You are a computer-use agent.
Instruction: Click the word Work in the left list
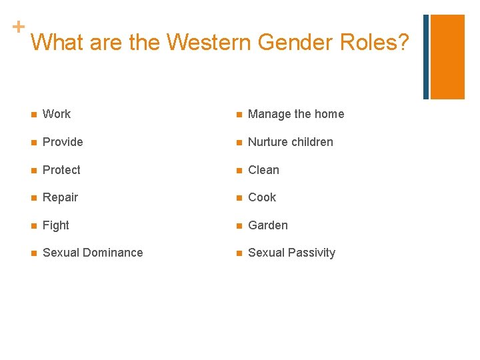[x=57, y=114]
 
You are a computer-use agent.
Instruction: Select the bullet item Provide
[x=63, y=142]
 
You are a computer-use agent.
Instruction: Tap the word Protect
[x=61, y=170]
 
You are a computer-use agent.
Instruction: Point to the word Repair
[x=60, y=197]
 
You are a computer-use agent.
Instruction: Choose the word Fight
[x=56, y=225]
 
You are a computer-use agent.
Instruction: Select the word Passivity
[x=311, y=253]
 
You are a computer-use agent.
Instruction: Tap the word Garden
[x=268, y=225]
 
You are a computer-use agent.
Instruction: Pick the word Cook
[x=262, y=197]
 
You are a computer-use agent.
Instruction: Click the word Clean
[x=264, y=170]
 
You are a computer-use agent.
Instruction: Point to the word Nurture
[x=267, y=142]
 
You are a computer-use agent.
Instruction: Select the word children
[x=311, y=142]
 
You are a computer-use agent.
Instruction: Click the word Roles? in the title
[x=375, y=42]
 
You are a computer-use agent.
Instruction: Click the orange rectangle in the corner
[x=447, y=57]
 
